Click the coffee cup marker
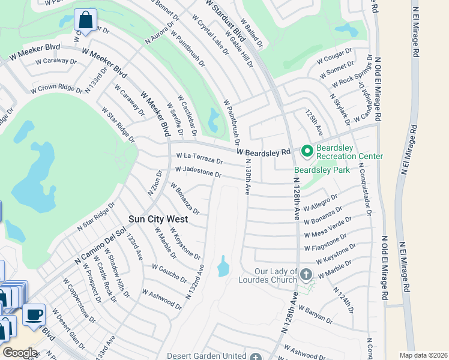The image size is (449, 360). (34, 314)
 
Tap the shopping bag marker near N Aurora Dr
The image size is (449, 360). (85, 20)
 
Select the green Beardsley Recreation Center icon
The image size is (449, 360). (307, 150)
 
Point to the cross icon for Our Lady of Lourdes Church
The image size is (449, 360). (306, 275)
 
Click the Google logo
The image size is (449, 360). (20, 352)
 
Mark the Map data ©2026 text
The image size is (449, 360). (423, 355)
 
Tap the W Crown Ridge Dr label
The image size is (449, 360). (56, 89)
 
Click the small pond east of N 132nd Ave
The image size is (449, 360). (223, 266)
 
